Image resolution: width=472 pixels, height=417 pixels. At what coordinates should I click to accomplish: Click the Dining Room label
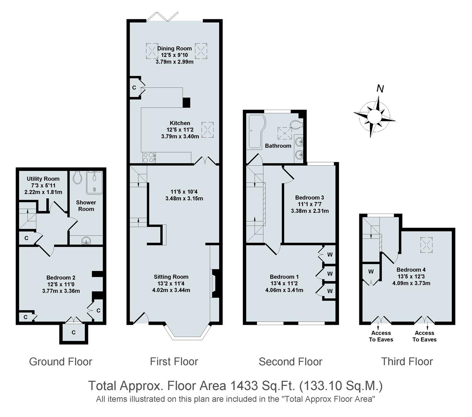point(174,49)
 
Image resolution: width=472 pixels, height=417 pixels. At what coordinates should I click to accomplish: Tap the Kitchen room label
point(180,123)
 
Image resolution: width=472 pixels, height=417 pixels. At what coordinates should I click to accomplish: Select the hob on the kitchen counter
point(149,157)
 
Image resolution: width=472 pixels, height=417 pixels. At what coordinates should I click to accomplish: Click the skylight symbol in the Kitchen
point(207,130)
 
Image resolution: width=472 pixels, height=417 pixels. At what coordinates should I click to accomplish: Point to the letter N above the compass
point(380,89)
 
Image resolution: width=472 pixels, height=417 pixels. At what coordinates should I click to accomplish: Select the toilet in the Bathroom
point(297,124)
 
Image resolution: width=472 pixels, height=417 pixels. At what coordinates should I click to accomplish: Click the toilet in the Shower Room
point(77,178)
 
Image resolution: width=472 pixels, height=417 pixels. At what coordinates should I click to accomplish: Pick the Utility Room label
point(43,179)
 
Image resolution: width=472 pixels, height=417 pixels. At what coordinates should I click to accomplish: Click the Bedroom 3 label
point(310,198)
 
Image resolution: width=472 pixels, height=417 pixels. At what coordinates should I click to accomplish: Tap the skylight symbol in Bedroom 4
point(426,245)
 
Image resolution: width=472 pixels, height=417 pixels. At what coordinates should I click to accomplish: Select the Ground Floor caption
point(61,362)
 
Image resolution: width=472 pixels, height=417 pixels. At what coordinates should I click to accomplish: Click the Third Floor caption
point(407,362)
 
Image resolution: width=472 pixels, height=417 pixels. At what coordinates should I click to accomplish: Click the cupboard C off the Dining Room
point(134,88)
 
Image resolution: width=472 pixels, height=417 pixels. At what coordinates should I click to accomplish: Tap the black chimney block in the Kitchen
point(186,103)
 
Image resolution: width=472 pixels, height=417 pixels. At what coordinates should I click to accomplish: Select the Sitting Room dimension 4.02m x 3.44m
point(171,290)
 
